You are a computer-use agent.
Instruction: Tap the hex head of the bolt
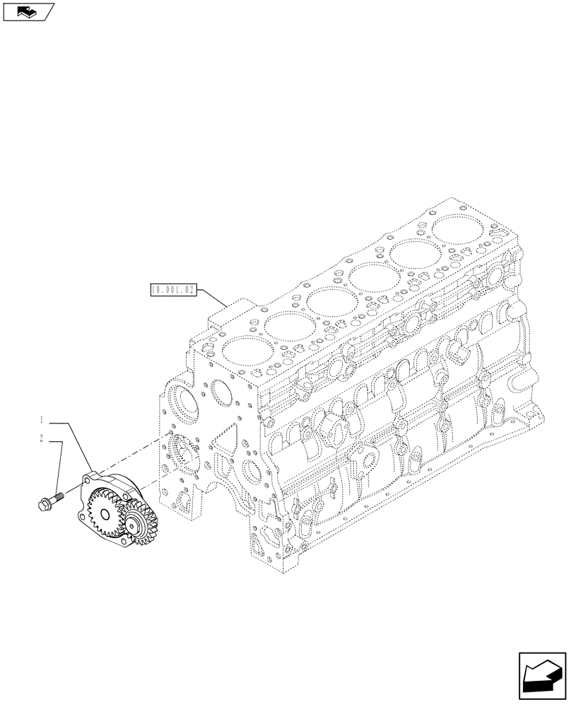tap(43, 504)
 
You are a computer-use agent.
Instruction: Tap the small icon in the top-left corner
tap(26, 11)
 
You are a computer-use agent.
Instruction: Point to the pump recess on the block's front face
tap(182, 452)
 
